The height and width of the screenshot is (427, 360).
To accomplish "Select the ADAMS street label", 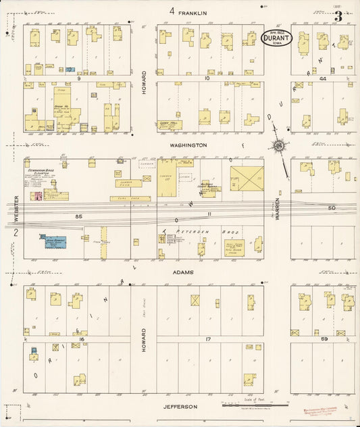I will [x=183, y=272].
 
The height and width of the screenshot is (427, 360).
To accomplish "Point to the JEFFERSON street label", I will [x=180, y=407].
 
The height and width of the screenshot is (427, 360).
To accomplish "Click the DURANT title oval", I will [x=277, y=38].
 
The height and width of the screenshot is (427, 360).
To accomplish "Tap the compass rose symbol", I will [x=278, y=145].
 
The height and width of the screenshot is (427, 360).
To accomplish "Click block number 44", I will [x=323, y=79].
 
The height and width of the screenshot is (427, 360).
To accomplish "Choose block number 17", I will [x=209, y=338].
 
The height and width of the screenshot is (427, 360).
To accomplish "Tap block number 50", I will [x=332, y=208].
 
